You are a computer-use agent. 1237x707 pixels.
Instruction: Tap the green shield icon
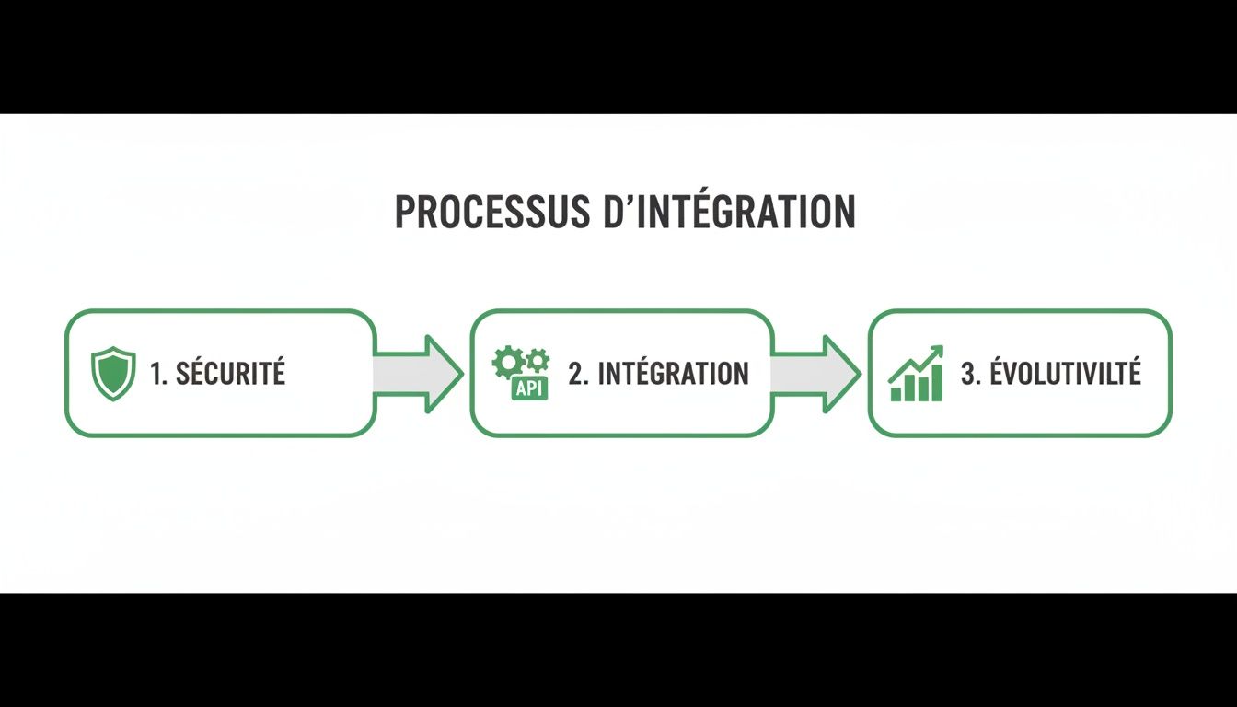[x=113, y=373]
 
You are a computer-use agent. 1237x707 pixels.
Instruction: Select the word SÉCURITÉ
[x=230, y=373]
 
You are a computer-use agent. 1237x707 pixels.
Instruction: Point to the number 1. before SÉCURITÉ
[x=158, y=373]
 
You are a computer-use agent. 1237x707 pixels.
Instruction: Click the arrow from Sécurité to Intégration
[x=419, y=373]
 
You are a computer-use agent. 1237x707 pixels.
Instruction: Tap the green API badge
[x=530, y=388]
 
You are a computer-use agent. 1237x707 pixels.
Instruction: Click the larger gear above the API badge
[x=507, y=362]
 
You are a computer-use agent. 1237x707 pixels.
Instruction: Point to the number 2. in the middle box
[x=578, y=373]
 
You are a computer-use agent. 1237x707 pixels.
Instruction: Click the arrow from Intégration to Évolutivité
[x=815, y=373]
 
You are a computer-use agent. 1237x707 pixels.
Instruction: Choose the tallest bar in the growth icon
[x=936, y=382]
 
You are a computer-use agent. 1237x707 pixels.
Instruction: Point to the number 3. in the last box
[x=970, y=373]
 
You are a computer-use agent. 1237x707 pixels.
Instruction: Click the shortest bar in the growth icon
[x=896, y=394]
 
